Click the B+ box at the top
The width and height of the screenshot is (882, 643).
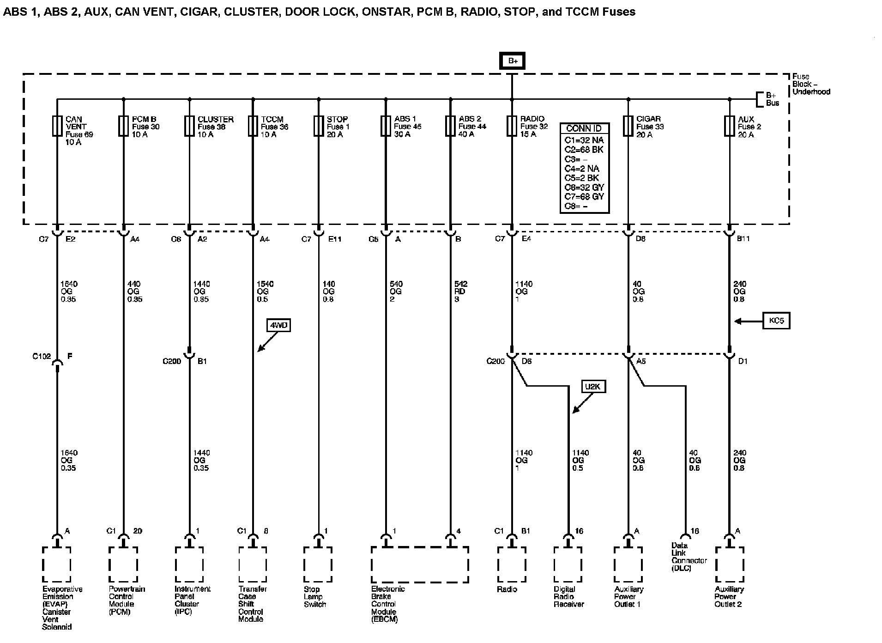coord(512,61)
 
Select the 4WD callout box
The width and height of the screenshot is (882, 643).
coord(278,326)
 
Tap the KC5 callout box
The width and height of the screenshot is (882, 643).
coord(777,321)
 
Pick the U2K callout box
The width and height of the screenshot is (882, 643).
coord(593,387)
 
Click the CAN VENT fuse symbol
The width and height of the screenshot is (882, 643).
coord(57,126)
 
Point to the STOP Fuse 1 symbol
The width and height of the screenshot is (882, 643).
coord(318,126)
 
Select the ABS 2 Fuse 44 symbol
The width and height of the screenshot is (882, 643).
coord(450,126)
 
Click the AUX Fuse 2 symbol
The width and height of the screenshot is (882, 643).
coord(729,126)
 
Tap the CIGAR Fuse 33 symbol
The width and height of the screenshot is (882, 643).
coord(628,126)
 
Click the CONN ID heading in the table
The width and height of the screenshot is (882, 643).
coord(584,129)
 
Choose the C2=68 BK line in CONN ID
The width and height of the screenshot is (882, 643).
coord(584,150)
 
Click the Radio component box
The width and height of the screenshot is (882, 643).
coord(511,564)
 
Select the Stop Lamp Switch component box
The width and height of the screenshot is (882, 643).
coord(318,564)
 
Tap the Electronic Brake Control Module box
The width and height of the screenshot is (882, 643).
coord(419,564)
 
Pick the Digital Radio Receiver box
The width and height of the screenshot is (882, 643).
coord(568,564)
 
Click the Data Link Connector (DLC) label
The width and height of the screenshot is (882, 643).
coord(689,557)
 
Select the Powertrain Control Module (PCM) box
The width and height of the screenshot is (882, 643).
coord(123,564)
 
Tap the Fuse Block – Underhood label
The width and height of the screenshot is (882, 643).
coord(810,84)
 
